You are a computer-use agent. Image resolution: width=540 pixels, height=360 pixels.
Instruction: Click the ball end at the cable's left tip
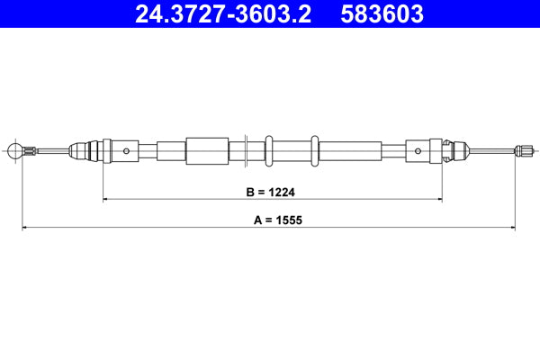point(13,150)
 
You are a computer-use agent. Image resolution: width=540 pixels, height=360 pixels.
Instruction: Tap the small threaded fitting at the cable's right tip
point(522,150)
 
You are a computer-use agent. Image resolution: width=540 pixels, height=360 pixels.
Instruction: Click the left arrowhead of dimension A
point(24,228)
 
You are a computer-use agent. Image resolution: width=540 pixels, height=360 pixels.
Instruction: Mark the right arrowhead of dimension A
point(515,228)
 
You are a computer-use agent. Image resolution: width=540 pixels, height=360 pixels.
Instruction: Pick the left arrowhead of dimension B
point(107,199)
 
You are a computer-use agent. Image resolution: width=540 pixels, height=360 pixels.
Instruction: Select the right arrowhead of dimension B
point(438,199)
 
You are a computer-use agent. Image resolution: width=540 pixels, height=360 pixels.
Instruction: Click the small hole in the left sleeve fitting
point(128,150)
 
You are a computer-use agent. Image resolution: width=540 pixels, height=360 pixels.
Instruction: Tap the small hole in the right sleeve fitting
point(417,150)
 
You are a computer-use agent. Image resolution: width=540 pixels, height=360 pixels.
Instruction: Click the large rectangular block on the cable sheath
point(206,150)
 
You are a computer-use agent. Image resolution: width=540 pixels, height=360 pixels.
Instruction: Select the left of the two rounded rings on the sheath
point(268,150)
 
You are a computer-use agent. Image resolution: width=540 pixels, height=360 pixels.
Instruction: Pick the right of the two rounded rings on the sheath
point(314,150)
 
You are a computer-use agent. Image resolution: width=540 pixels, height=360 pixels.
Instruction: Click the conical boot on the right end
point(457,150)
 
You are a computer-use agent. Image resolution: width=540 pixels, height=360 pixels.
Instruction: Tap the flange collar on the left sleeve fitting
point(106,150)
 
